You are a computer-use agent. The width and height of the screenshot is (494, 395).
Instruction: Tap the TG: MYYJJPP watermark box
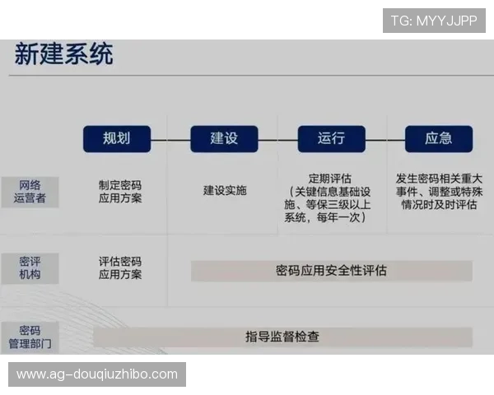pos(434,20)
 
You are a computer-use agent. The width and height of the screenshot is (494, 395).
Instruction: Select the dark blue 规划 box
pos(117,138)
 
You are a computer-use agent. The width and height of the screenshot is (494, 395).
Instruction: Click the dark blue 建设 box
pos(224,138)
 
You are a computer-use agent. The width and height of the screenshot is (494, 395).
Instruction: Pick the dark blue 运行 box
pos(330,138)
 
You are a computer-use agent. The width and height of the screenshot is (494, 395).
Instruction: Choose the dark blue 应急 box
pos(438,138)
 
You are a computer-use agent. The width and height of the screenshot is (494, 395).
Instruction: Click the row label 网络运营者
pos(30,191)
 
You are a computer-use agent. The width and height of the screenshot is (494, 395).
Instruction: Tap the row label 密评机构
pos(30,267)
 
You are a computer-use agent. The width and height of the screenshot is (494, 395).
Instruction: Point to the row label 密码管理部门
pos(30,336)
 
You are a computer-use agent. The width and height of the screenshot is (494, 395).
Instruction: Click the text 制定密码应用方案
pos(120,191)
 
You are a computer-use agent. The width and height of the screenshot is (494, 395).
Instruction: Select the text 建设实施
pos(225,190)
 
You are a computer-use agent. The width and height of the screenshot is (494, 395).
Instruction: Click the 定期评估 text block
pos(329,197)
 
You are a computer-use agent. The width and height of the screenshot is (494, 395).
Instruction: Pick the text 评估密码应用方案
pos(120,267)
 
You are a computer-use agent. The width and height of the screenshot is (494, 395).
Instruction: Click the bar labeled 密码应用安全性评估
pos(331,270)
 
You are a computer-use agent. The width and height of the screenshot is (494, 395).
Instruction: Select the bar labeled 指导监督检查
pos(282,336)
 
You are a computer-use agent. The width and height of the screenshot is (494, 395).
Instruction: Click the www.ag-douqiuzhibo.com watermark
pos(98,374)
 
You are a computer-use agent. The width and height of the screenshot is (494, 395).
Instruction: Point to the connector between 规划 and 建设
pos(170,139)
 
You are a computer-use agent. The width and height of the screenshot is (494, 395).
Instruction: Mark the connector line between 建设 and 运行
pos(277,139)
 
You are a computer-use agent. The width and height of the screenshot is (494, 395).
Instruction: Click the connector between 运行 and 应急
pos(384,139)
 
